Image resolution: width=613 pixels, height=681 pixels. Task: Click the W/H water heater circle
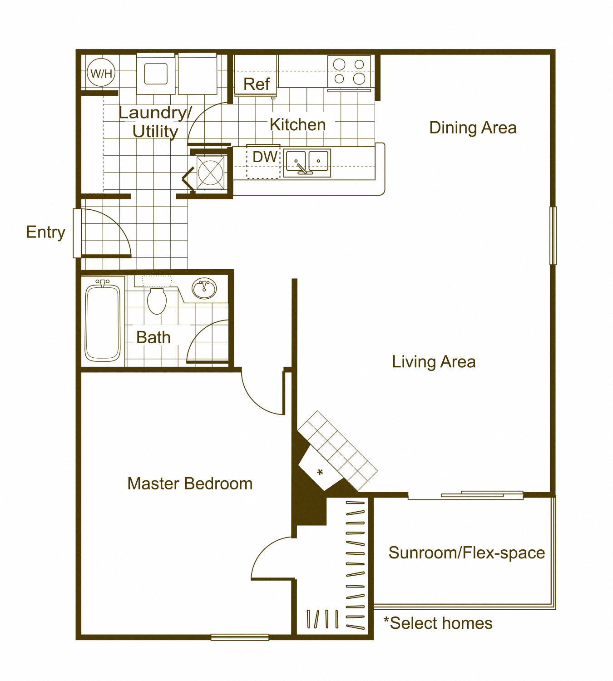pyautogui.click(x=101, y=73)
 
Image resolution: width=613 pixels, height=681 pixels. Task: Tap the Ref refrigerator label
pyautogui.click(x=257, y=84)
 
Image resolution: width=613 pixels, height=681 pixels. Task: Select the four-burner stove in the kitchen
pyautogui.click(x=349, y=71)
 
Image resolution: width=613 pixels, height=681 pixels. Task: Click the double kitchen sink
pyautogui.click(x=307, y=163)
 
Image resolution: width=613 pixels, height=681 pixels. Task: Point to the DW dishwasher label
pyautogui.click(x=265, y=157)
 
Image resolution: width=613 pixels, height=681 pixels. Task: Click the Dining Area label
pyautogui.click(x=473, y=128)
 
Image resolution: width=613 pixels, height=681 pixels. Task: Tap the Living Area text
pyautogui.click(x=434, y=362)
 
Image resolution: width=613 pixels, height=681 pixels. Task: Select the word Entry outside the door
pyautogui.click(x=45, y=232)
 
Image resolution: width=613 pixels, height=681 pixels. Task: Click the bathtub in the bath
pyautogui.click(x=103, y=321)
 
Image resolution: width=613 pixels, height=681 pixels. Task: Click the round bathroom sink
pyautogui.click(x=204, y=289)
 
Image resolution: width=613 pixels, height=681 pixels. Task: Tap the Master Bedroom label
pyautogui.click(x=190, y=484)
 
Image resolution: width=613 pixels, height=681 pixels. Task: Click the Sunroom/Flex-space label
pyautogui.click(x=466, y=553)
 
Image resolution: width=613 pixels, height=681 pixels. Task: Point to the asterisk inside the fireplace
pyautogui.click(x=320, y=473)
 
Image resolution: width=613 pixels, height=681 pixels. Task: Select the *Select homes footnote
pyautogui.click(x=438, y=623)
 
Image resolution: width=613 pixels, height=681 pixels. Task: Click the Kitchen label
pyautogui.click(x=297, y=124)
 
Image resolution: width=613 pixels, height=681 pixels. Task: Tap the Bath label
pyautogui.click(x=153, y=337)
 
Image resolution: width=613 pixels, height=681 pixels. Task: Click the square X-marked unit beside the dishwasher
pyautogui.click(x=210, y=173)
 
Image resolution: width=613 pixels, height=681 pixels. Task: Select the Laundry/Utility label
pyautogui.click(x=155, y=122)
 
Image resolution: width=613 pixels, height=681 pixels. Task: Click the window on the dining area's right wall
pyautogui.click(x=553, y=236)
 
